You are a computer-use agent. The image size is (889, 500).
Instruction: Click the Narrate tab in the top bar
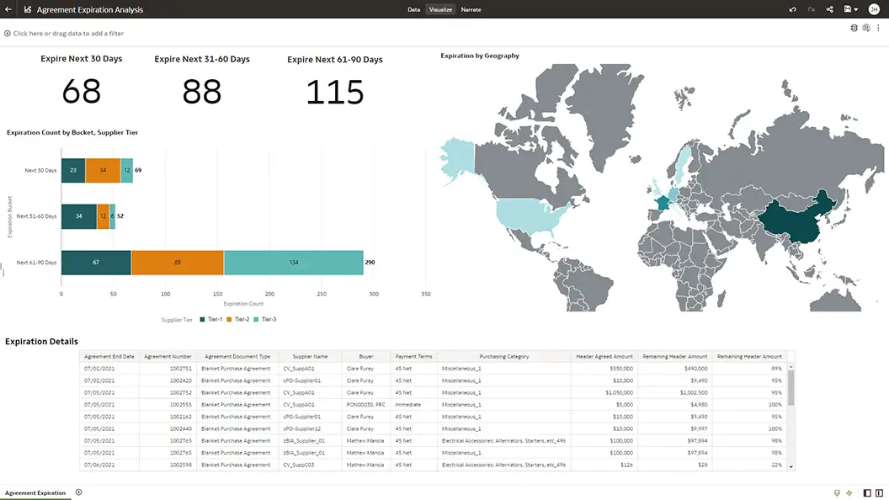[x=471, y=9]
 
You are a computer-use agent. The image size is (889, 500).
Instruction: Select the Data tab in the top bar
[x=413, y=9]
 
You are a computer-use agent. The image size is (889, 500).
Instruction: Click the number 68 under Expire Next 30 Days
[x=82, y=91]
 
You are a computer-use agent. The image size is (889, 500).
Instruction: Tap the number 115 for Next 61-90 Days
[x=334, y=93]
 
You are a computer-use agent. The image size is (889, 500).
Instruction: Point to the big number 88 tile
[x=202, y=92]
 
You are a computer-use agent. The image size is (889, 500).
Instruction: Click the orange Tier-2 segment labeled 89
[x=178, y=262]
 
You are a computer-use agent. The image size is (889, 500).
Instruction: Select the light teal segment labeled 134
[x=293, y=262]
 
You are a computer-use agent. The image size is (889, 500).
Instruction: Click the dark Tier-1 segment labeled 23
[x=73, y=170]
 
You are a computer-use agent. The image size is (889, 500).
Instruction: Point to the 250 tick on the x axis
[x=322, y=294]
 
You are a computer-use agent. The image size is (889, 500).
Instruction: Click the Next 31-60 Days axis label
[x=36, y=216]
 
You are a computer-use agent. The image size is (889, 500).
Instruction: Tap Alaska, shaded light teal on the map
[x=455, y=160]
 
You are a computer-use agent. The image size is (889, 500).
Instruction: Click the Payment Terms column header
[x=413, y=356]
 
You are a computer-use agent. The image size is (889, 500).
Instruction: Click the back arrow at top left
[x=8, y=9]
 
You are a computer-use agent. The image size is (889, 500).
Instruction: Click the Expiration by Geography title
[x=480, y=56]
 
